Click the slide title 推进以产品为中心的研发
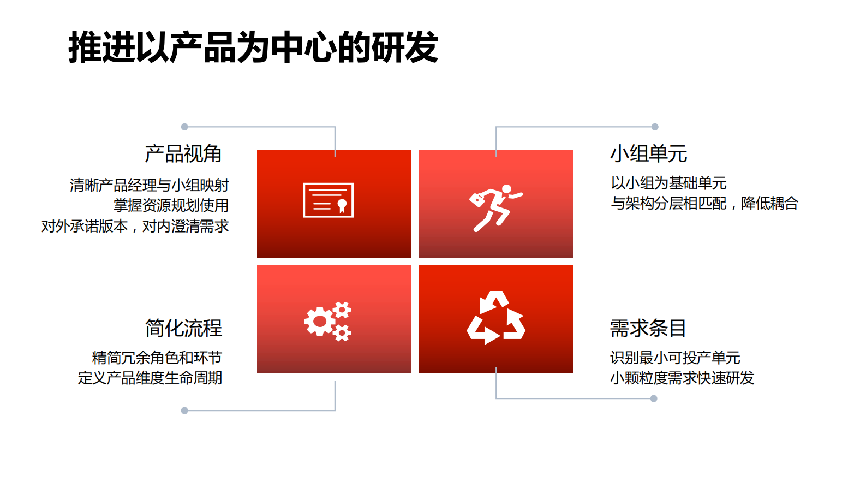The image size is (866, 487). (x=253, y=47)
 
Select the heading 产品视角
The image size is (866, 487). (x=183, y=154)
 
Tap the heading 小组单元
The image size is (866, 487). (x=648, y=154)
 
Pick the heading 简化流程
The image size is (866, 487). (x=183, y=328)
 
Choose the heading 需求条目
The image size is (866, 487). (x=648, y=328)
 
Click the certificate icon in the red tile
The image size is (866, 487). (x=328, y=200)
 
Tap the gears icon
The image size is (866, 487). (x=328, y=321)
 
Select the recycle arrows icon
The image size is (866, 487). (x=495, y=318)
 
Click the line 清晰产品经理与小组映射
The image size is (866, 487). (x=149, y=185)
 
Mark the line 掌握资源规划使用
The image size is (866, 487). (x=171, y=205)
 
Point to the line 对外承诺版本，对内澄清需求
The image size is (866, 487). (x=135, y=226)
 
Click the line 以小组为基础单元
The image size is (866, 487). (x=668, y=183)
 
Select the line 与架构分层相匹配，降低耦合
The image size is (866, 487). (x=704, y=203)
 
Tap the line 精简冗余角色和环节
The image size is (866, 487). (x=157, y=358)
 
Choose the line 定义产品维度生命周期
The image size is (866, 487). (x=150, y=378)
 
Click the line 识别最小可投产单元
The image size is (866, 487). (x=675, y=358)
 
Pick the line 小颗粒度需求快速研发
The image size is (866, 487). (x=682, y=378)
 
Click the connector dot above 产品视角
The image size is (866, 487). (x=184, y=127)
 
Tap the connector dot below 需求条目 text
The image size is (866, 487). (x=654, y=399)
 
